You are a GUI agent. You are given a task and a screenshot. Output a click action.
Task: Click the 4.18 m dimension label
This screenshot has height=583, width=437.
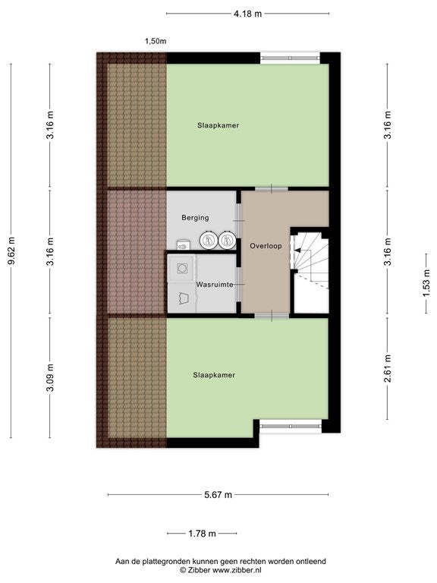(x=247, y=14)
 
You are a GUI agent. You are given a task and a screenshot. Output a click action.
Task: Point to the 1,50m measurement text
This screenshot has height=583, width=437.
(x=156, y=41)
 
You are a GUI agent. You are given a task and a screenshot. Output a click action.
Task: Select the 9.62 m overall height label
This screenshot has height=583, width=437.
(x=11, y=251)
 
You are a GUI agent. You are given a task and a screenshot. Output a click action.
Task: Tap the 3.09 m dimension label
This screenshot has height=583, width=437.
(x=51, y=377)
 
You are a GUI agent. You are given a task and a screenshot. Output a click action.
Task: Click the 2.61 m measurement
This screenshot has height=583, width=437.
(x=388, y=368)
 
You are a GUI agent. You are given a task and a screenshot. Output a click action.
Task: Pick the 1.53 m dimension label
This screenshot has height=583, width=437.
(x=426, y=283)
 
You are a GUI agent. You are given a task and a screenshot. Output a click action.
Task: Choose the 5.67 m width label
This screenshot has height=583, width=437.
(x=218, y=494)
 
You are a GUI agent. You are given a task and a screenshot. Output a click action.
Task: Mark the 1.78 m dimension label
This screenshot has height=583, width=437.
(x=202, y=534)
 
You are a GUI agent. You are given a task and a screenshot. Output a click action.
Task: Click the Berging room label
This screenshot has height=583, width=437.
(x=195, y=218)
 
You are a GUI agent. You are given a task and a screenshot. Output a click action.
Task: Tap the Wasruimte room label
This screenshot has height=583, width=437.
(x=215, y=285)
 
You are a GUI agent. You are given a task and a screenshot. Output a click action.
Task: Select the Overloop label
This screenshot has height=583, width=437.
(x=266, y=246)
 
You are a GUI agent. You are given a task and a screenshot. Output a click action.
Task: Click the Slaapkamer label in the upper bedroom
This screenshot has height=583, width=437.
(x=218, y=125)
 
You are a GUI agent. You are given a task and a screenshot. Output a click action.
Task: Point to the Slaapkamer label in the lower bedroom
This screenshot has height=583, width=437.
(x=214, y=375)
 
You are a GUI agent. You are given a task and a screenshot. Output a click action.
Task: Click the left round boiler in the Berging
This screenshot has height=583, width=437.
(x=208, y=240)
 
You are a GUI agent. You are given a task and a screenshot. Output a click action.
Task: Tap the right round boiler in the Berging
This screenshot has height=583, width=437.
(x=227, y=240)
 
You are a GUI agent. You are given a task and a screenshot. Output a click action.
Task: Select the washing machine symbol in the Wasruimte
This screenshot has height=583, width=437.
(x=182, y=268)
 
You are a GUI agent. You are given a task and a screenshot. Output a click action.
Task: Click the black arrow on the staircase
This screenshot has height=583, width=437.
(x=297, y=251)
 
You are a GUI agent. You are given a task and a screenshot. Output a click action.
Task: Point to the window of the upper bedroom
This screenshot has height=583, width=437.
(x=290, y=58)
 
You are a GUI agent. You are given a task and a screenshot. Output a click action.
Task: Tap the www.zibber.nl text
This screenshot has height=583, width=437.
(x=237, y=569)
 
